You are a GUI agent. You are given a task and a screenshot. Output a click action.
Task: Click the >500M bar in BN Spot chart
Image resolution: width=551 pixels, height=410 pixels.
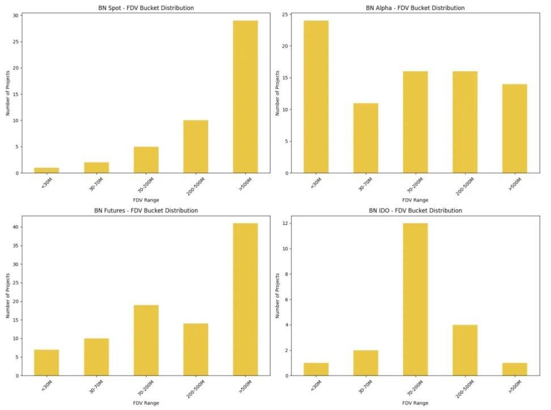click(x=245, y=96)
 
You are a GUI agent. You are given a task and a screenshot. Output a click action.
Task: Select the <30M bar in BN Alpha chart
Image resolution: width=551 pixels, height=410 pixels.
click(x=316, y=96)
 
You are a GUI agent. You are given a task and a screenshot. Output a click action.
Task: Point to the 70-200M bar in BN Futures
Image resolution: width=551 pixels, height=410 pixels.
click(x=146, y=340)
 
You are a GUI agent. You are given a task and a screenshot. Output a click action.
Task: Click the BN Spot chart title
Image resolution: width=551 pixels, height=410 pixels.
click(x=146, y=8)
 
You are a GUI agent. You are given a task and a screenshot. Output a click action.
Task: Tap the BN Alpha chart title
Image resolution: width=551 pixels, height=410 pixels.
click(x=416, y=8)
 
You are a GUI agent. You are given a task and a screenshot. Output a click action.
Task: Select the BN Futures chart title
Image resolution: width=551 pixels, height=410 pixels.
click(x=146, y=211)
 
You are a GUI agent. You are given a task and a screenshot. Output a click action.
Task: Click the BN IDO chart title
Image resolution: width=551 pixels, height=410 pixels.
click(x=416, y=211)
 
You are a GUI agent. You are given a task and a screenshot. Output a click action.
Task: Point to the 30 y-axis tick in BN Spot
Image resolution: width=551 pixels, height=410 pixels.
click(x=15, y=15)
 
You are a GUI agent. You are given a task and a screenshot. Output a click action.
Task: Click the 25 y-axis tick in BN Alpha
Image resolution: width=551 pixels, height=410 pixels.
click(x=285, y=14)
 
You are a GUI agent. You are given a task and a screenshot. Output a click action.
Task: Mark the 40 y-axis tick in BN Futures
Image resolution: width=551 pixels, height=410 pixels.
click(x=15, y=227)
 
